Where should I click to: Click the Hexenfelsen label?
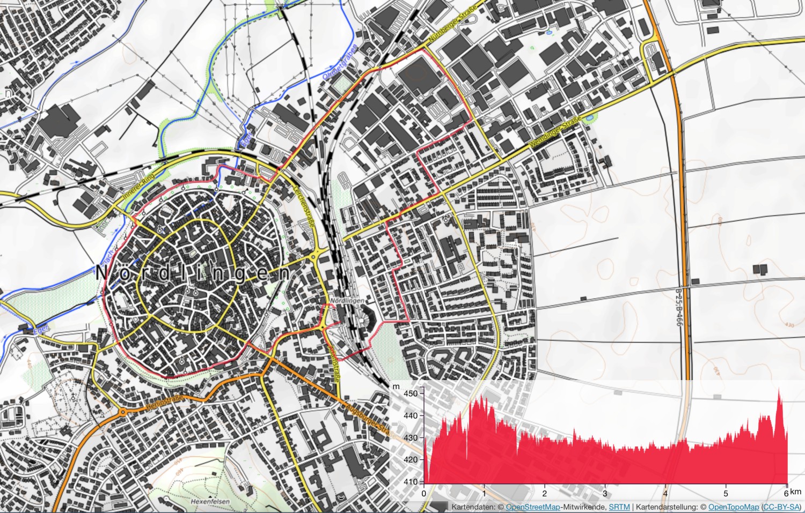[x=210, y=502]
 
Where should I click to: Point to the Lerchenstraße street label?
[x=303, y=209]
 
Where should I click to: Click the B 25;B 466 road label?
[x=678, y=307]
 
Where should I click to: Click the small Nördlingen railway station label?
[x=347, y=301]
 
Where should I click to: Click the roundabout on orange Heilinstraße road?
[x=123, y=412]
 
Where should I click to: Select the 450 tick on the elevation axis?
[x=411, y=393]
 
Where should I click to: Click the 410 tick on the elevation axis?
[x=411, y=482]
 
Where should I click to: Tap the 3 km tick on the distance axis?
[x=605, y=494]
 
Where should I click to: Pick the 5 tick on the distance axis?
[x=726, y=494]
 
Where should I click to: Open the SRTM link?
[x=619, y=507]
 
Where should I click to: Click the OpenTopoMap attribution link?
[x=733, y=507]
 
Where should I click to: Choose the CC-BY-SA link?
[x=781, y=507]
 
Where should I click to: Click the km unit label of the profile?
[x=795, y=492]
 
